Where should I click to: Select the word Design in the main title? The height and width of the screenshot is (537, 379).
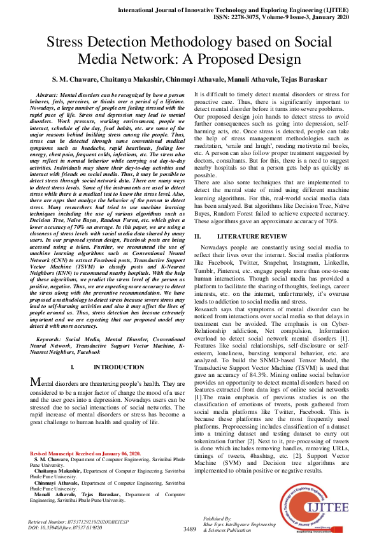pos(275,60)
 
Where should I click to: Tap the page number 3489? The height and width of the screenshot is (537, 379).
pos(189,528)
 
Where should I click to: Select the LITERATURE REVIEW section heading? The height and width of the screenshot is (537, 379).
pos(248,236)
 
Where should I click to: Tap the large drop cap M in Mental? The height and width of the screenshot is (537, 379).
pos(36,382)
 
